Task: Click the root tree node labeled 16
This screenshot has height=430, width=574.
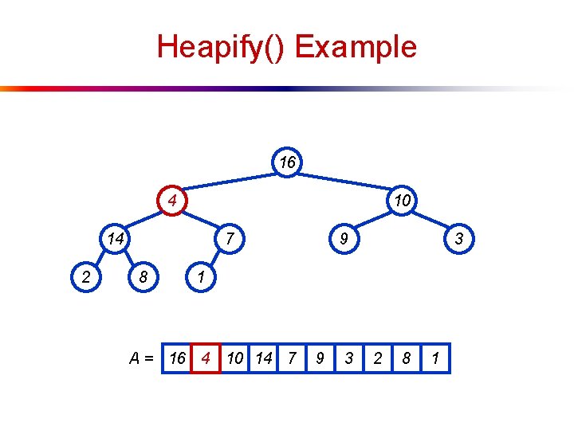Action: [287, 162]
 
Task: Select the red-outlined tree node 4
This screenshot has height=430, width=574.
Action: [171, 199]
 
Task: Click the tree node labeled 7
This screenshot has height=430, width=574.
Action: [230, 238]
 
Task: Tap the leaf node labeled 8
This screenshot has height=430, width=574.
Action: [143, 278]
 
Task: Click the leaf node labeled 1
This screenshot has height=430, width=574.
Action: [201, 278]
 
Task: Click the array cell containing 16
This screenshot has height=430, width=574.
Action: [177, 358]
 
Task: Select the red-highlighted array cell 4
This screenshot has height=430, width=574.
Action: [206, 358]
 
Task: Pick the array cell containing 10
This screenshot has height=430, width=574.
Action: [234, 358]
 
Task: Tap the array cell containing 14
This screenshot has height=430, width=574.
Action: [263, 358]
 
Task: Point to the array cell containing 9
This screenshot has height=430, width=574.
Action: [320, 358]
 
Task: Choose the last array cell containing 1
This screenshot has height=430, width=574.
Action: [435, 358]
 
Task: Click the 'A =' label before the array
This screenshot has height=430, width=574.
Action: [143, 358]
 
